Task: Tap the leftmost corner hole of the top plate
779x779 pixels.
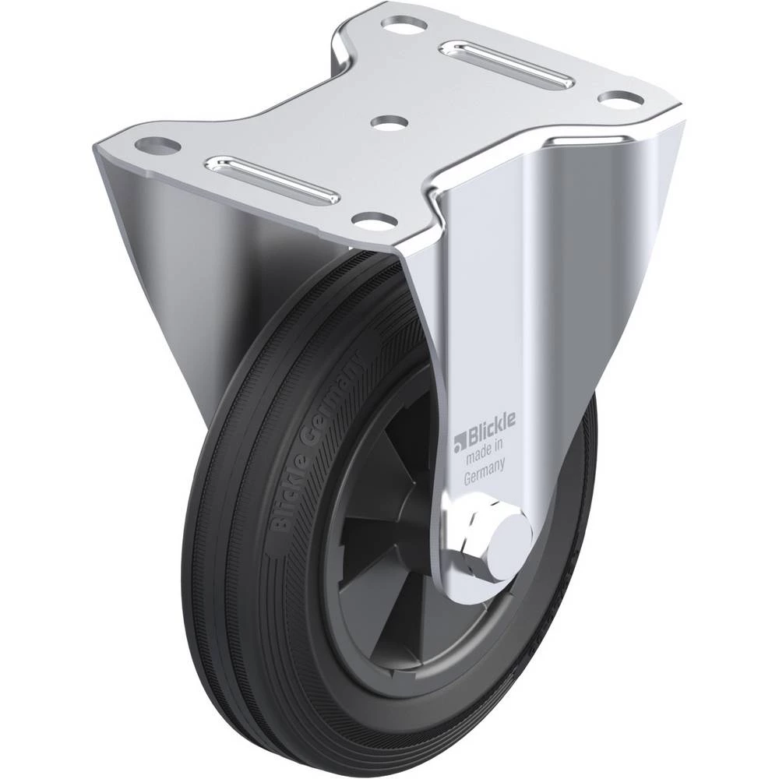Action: tap(157, 146)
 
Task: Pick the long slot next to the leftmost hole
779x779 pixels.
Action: tap(273, 179)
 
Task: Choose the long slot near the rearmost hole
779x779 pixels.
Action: tap(508, 65)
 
